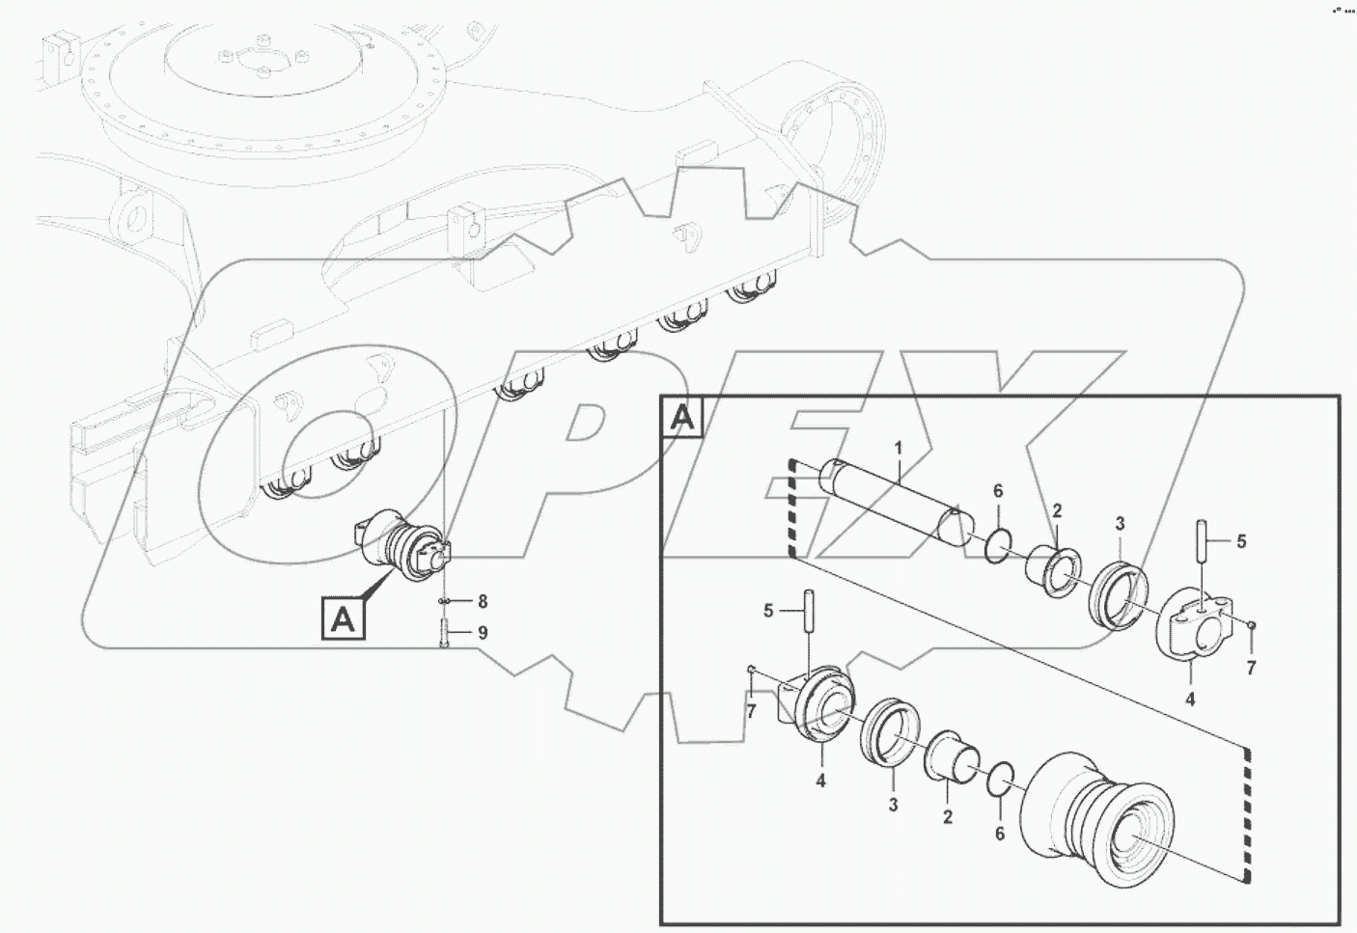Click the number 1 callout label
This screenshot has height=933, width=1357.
pyautogui.click(x=898, y=449)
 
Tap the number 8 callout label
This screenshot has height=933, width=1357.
pyautogui.click(x=483, y=602)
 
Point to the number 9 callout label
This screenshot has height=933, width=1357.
pyautogui.click(x=483, y=633)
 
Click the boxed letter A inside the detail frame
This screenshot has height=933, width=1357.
pyautogui.click(x=682, y=417)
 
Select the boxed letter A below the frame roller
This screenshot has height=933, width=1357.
pyautogui.click(x=343, y=618)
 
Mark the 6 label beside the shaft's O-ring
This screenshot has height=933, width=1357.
pyautogui.click(x=998, y=492)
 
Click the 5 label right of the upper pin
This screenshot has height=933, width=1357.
pyautogui.click(x=1241, y=541)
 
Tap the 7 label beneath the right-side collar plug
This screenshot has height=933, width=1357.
pyautogui.click(x=1251, y=668)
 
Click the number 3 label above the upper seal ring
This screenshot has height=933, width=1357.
pyautogui.click(x=1120, y=524)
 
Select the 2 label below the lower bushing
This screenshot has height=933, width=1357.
pyautogui.click(x=948, y=817)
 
